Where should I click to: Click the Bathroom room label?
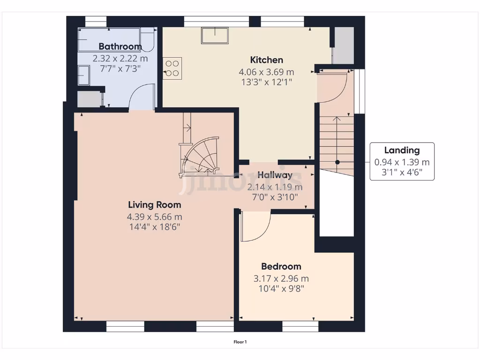pos(120,46)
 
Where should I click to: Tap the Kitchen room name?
pos(266,60)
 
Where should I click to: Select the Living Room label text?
pos(154,204)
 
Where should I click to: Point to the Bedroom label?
pos(281,266)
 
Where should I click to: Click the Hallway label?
pos(275,175)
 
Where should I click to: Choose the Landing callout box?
pos(402,161)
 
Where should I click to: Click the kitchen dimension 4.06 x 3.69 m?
pos(266,72)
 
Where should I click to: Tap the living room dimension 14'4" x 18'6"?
pos(154,227)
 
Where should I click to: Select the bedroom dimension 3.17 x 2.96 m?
pos(281,278)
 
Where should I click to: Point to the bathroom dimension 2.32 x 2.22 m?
pos(120,59)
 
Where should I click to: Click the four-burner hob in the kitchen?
pos(172,68)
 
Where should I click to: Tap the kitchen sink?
pos(215,35)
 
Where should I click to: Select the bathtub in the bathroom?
pos(110,40)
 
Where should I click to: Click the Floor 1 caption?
pos(240,342)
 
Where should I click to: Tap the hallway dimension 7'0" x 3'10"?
pos(275,197)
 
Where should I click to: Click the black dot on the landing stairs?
pos(337,162)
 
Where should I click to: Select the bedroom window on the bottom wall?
pos(300,326)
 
